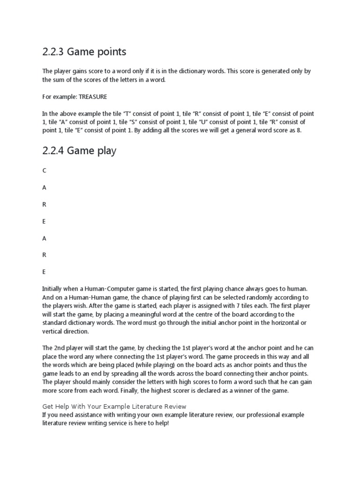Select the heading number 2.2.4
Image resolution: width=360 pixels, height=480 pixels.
click(x=53, y=150)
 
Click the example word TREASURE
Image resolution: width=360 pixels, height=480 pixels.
click(x=92, y=97)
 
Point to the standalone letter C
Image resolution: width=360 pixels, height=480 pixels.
click(x=44, y=170)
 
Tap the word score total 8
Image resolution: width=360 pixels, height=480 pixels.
click(x=299, y=131)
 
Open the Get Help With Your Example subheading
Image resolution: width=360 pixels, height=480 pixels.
click(x=114, y=406)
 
